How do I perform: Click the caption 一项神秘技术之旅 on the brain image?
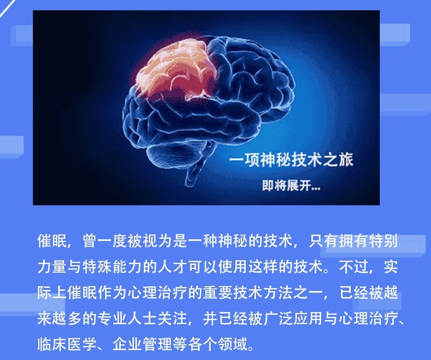[x=291, y=160]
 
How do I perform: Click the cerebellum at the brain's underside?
[x=176, y=154]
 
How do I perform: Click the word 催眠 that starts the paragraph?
[x=52, y=241]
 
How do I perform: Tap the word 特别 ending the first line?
[x=383, y=241]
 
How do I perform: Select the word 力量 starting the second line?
[x=52, y=266]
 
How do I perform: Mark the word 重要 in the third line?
[x=218, y=292]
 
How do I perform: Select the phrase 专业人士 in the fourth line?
[x=127, y=318]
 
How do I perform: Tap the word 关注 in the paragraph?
[x=172, y=318]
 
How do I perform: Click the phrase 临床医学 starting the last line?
[x=67, y=344]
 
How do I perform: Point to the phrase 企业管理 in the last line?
[x=142, y=344]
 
